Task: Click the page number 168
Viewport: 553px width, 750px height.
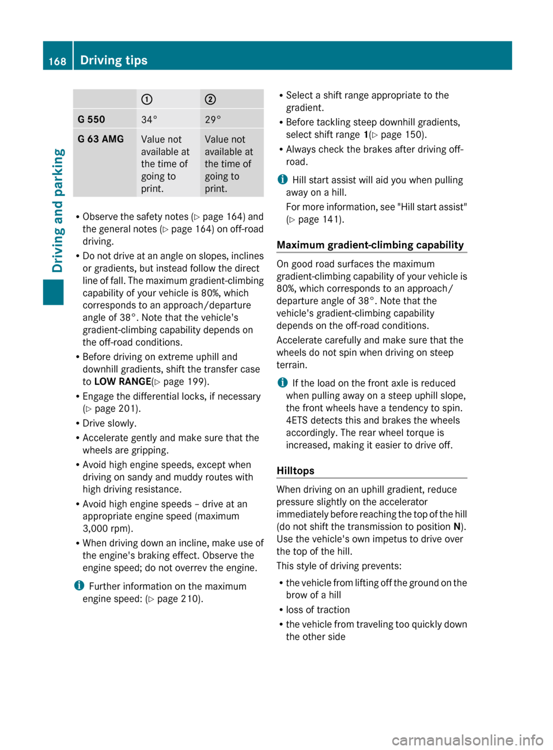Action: pos(57,61)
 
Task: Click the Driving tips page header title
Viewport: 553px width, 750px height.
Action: pos(113,60)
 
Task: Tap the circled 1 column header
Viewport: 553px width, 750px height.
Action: pos(147,99)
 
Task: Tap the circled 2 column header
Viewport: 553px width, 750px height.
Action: pos(210,99)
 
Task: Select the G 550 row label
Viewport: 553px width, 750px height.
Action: pos(92,119)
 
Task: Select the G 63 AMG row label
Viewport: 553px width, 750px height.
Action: pos(101,139)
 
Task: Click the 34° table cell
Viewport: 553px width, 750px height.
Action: pos(149,120)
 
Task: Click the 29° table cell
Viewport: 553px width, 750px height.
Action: pos(213,120)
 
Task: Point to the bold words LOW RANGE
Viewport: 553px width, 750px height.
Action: pos(122,381)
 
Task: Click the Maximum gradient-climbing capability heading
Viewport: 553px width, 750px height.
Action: pos(370,245)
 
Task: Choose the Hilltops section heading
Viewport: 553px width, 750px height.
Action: pos(296,471)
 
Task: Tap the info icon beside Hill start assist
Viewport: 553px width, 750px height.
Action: pos(281,180)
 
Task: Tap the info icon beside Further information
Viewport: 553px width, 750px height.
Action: pos(78,586)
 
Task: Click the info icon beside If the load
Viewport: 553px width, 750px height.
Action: pos(281,383)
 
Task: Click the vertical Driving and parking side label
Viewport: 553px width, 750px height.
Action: pos(58,210)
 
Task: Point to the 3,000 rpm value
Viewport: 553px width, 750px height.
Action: pos(107,528)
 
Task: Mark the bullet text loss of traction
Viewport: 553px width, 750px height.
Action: pos(317,609)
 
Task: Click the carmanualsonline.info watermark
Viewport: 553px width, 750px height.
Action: pos(467,740)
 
